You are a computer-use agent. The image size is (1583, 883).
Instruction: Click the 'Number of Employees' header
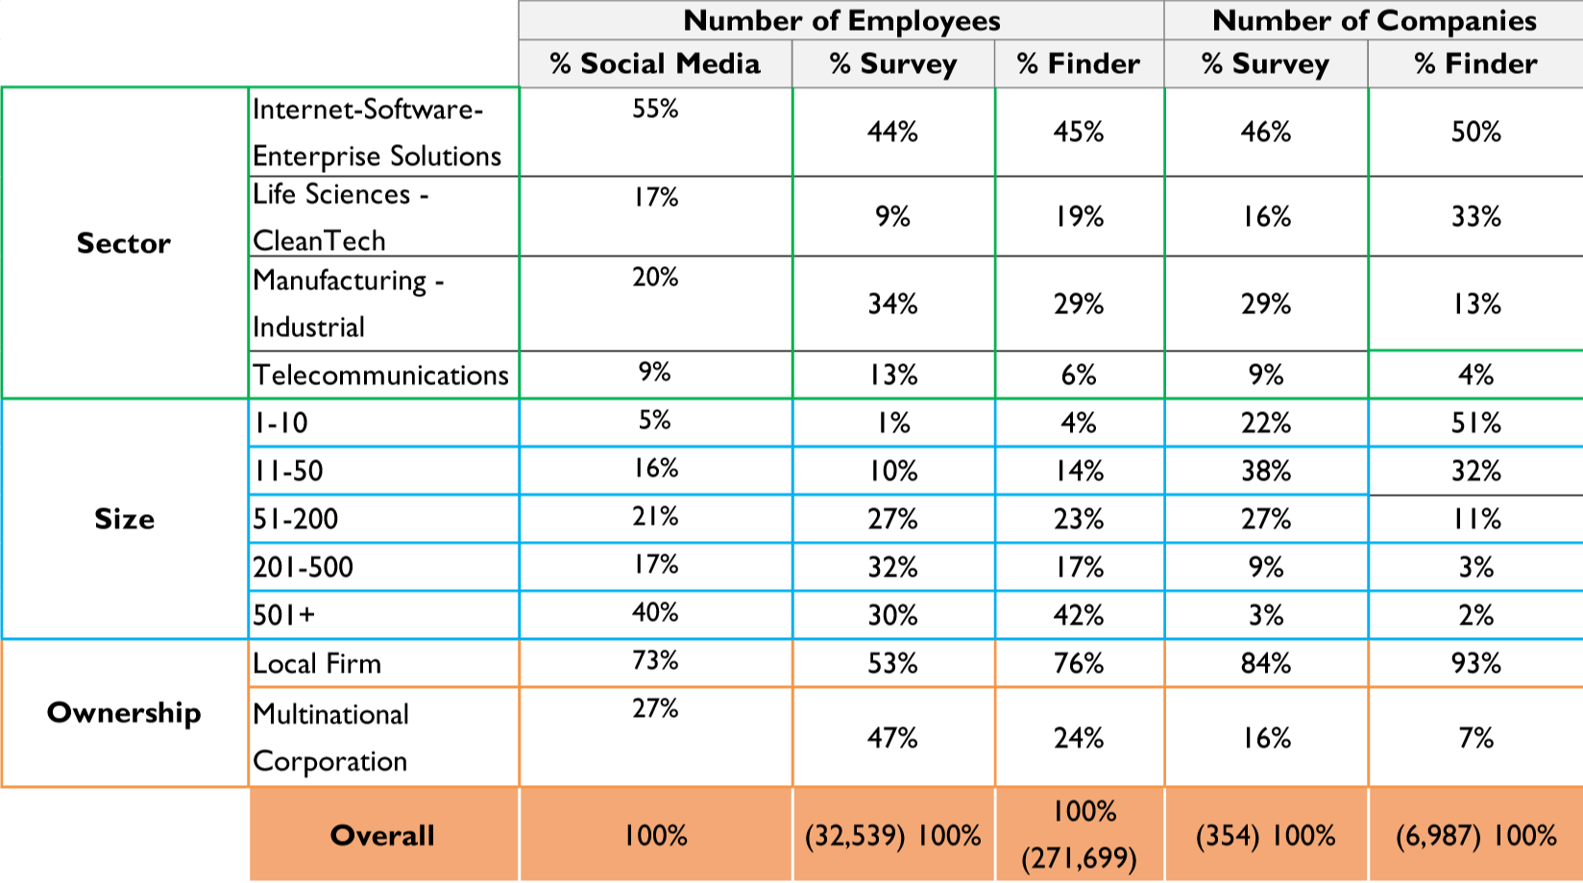[841, 20]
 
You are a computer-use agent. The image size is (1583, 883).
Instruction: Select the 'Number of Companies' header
[1374, 20]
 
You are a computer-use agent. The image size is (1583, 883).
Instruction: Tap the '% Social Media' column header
[655, 63]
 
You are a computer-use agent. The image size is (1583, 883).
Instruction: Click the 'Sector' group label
[124, 243]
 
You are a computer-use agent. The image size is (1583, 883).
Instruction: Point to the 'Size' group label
[124, 519]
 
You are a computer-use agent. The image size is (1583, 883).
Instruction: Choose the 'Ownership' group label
[124, 712]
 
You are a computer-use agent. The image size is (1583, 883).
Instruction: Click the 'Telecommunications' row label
[380, 375]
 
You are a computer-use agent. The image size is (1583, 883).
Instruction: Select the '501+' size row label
[284, 615]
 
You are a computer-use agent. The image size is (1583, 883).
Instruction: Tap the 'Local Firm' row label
[317, 663]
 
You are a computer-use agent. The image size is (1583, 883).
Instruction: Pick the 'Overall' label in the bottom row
[382, 835]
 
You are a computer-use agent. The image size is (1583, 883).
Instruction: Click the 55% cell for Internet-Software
[655, 109]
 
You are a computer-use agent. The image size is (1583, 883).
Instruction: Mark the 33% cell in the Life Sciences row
[1475, 216]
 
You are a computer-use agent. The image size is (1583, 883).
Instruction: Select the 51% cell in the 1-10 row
[1475, 423]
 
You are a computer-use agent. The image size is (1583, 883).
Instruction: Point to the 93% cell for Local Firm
[1475, 663]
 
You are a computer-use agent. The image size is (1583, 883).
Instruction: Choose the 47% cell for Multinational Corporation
[893, 738]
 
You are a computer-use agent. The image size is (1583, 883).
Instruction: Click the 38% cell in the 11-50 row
[1265, 471]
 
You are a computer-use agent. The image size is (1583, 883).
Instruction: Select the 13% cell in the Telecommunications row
[893, 375]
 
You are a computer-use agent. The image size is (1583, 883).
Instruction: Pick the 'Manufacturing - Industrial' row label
[348, 304]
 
